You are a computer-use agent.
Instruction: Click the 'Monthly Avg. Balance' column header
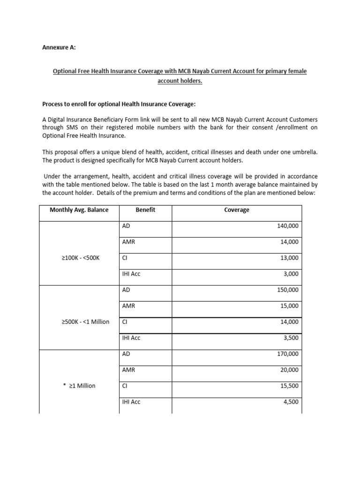tap(79, 210)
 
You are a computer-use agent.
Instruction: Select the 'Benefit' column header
tap(145, 210)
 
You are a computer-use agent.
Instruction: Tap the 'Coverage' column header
tap(237, 210)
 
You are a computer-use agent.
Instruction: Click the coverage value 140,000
tap(288, 226)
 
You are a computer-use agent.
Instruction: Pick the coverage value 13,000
tap(289, 258)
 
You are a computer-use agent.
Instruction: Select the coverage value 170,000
tap(288, 353)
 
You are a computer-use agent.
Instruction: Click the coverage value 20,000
tap(289, 370)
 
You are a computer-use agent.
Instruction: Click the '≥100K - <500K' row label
tap(81, 258)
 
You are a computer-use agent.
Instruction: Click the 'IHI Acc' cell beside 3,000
tap(131, 274)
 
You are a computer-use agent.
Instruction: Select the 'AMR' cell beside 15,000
tap(128, 306)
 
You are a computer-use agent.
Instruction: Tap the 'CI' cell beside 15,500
tap(125, 386)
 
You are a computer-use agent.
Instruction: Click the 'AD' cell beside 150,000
tap(126, 290)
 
